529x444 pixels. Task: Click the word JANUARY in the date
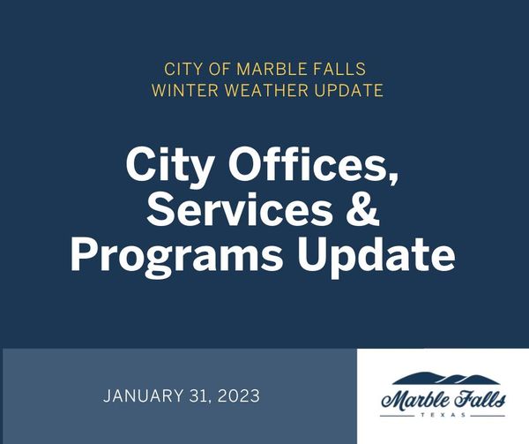coord(143,395)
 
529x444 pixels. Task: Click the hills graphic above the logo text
coord(443,380)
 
